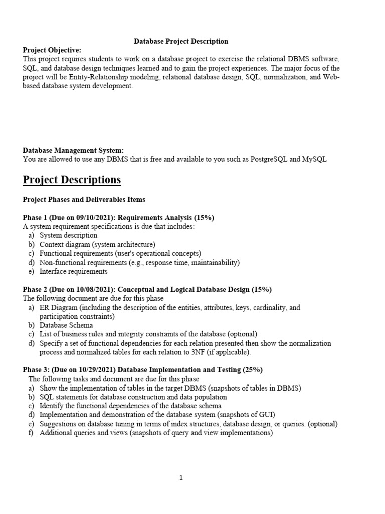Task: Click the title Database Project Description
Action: pos(181,41)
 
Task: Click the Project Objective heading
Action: pos(52,50)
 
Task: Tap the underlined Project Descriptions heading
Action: pos(72,180)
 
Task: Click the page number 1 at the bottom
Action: pos(181,478)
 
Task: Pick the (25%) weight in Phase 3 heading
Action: pos(253,370)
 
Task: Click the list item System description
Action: pos(69,235)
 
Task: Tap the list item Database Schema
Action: pos(67,325)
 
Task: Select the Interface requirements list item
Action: pos(74,272)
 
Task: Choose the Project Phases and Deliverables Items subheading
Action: pos(84,199)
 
